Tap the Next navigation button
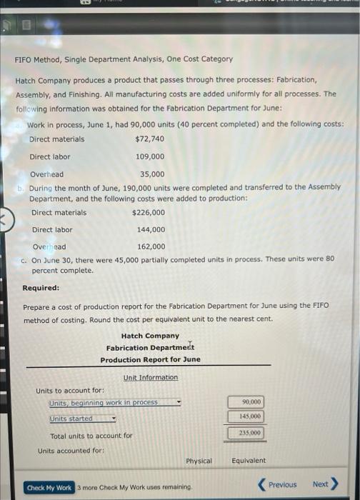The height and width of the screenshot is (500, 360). [x=324, y=484]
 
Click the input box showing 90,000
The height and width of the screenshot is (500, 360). [x=246, y=402]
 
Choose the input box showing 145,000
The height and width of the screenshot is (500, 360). [x=246, y=416]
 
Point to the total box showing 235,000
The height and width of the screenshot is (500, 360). [x=246, y=432]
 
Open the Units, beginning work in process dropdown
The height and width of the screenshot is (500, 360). [x=114, y=403]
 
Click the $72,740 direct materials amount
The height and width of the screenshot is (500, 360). [x=149, y=139]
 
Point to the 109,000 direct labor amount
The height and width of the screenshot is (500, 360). [x=149, y=156]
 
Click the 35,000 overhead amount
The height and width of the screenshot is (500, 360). [x=151, y=174]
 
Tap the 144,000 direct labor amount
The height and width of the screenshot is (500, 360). [x=151, y=230]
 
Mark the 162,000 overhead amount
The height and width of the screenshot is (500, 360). [x=151, y=247]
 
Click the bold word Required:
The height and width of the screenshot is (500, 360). [x=41, y=289]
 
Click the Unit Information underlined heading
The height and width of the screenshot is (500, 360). [x=151, y=377]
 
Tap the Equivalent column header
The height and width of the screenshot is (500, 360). [x=248, y=461]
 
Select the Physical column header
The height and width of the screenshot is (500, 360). [x=199, y=461]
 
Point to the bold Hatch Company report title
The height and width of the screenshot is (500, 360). [x=150, y=336]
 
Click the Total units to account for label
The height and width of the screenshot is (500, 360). [x=91, y=436]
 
